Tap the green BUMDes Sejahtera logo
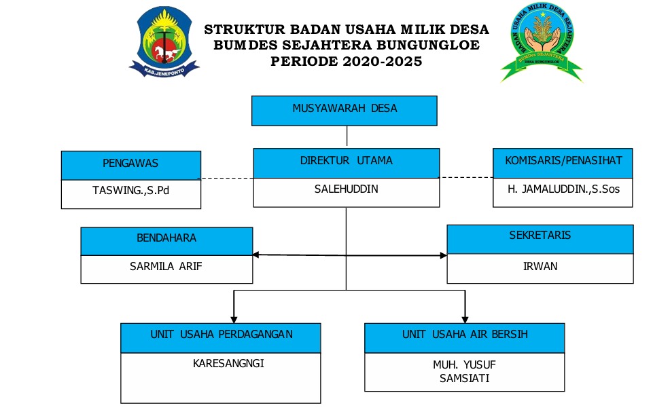pos(542,42)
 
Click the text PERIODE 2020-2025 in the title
pos(346,61)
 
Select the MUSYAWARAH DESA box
pos(345,109)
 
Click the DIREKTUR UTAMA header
pos(347,162)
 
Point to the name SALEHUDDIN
pos(347,189)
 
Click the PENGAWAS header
pos(130,164)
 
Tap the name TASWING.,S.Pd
pos(130,190)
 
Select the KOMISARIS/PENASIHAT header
pos(563,162)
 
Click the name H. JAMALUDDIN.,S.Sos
pos(563,189)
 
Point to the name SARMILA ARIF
pos(166,267)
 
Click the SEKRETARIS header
pos(540,237)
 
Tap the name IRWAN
pos(540,267)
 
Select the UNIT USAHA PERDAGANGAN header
pos(221,335)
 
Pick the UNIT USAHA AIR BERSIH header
pos(465,335)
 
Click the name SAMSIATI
pos(465,378)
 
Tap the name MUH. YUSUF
pos(465,365)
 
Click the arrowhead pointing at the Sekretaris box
pos(443,256)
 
